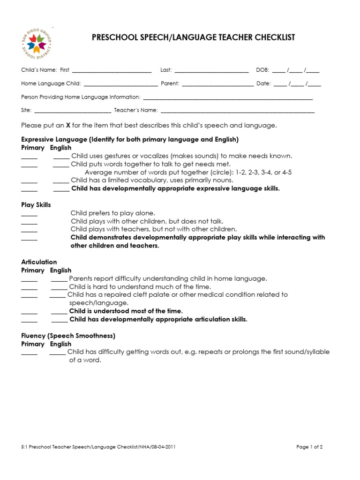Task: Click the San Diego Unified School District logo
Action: pos(37,44)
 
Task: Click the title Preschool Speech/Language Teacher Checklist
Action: pos(193,37)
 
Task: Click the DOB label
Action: pos(262,70)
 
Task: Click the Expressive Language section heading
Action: pos(130,140)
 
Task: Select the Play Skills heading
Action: pos(36,205)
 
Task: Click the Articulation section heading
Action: pos(39,262)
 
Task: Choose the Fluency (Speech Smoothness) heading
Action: pos(68,336)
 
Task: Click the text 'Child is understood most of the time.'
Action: pos(126,311)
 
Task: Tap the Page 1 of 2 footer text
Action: pos(309,447)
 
